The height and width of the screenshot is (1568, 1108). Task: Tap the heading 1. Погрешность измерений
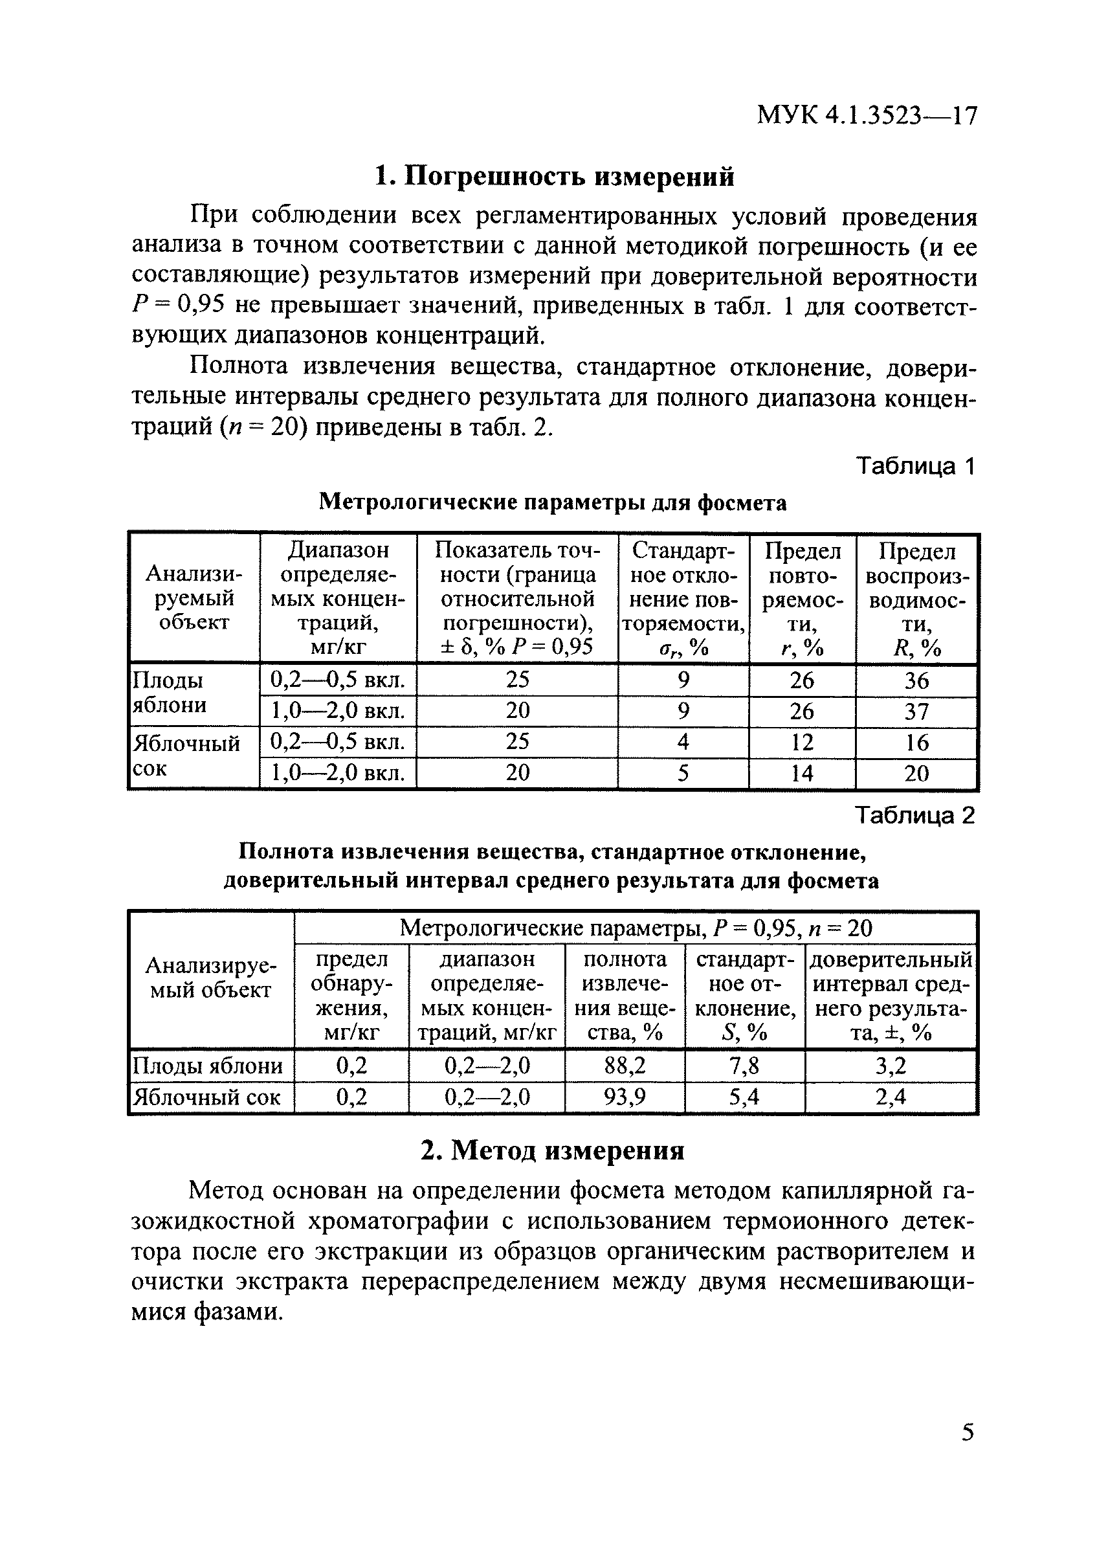coord(555,176)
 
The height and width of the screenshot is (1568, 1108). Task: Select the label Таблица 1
coord(914,466)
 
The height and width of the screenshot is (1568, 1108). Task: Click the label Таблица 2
coord(914,816)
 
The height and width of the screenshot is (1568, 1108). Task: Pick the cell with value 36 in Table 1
coord(916,680)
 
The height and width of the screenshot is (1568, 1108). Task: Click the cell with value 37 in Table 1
coord(916,711)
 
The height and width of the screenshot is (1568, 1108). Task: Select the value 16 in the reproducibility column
coord(916,743)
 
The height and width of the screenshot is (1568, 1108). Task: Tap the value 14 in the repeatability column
coord(801,773)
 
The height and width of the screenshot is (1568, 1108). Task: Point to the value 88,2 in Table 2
coord(625,1066)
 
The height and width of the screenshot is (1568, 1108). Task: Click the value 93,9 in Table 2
coord(625,1097)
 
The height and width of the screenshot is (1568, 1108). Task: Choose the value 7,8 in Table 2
coord(744,1066)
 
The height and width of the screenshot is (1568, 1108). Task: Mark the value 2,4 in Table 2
coord(891,1097)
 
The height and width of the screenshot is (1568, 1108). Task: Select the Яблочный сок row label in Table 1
coord(186,756)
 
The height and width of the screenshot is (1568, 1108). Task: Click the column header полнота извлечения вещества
coord(625,996)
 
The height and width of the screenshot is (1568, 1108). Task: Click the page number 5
coord(968,1432)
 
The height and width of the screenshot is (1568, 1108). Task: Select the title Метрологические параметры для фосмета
coord(553,502)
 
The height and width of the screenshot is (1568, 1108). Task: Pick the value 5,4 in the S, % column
coord(744,1097)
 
